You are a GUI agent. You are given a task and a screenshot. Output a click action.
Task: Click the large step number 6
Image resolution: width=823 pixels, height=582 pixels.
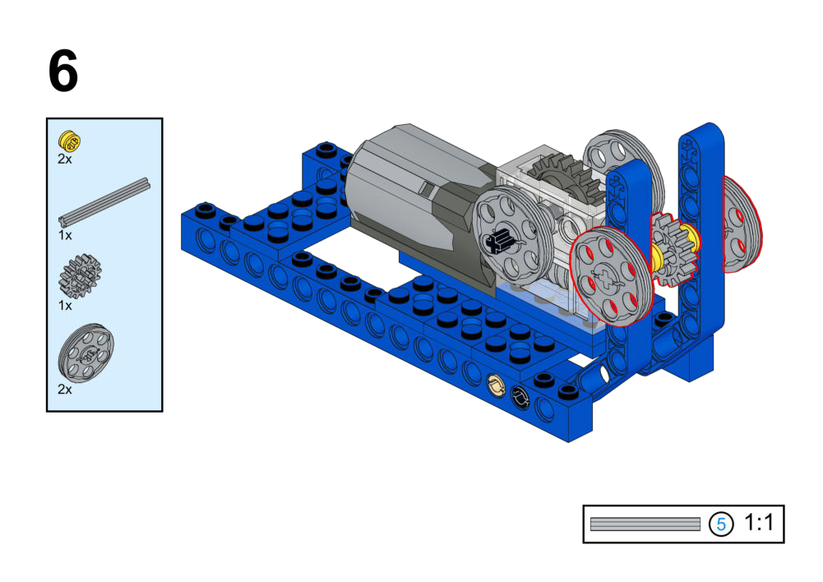tap(63, 71)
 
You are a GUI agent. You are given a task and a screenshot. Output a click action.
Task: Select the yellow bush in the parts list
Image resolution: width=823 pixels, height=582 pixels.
tap(69, 140)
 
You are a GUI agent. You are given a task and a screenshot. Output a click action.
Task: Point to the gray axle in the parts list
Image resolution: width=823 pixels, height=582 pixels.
tap(104, 202)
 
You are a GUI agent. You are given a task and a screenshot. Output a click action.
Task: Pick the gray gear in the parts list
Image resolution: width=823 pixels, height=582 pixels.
tap(80, 275)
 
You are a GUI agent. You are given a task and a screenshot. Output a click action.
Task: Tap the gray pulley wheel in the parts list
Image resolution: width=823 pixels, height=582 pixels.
tap(86, 353)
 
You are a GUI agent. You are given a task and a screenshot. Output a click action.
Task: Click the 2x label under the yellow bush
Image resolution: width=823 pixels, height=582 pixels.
tap(65, 159)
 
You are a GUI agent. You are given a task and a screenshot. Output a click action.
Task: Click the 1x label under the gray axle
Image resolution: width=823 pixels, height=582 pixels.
tap(65, 235)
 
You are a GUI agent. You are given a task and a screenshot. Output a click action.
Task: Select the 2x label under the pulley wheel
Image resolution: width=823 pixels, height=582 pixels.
tap(65, 390)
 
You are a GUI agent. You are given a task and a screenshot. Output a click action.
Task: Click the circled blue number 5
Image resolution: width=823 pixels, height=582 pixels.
tap(721, 524)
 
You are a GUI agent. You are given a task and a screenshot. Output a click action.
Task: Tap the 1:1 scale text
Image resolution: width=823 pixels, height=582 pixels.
tap(759, 523)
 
